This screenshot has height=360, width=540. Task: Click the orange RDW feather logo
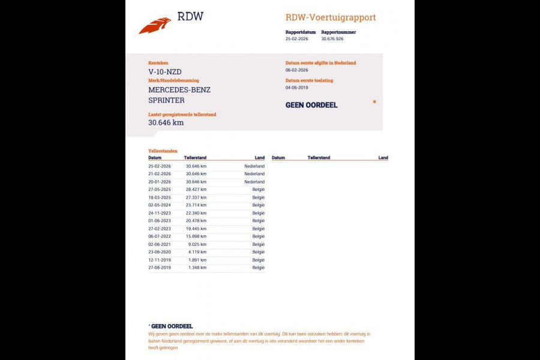point(155,26)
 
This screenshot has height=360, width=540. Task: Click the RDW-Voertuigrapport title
point(331,17)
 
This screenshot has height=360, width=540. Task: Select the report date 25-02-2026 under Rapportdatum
point(296,38)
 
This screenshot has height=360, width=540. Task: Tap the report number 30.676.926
point(332,38)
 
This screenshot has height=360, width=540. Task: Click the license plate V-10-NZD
point(165,72)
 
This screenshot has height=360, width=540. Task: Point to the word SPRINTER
point(166,100)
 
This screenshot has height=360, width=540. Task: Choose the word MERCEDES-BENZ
point(179,90)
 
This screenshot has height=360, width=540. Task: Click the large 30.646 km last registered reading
point(166,122)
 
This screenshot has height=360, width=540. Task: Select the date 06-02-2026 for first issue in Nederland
point(296,70)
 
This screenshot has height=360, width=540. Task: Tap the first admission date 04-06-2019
point(296,87)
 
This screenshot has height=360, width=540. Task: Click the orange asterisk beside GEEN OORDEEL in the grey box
point(374,103)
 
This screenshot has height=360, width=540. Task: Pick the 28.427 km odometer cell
point(196,189)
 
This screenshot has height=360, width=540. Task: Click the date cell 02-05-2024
point(160,205)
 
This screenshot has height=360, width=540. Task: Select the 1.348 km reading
point(197,268)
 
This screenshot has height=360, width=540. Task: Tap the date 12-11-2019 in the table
point(160,260)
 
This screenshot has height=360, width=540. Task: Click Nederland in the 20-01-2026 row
point(254,181)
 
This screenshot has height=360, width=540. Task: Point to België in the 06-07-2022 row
point(258,236)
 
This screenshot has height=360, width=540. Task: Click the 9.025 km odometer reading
point(197,244)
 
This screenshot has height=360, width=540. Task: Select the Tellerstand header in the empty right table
point(319,158)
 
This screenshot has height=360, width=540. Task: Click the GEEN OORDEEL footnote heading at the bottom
point(171,326)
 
